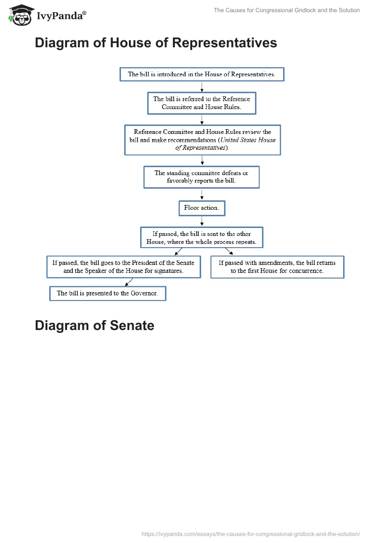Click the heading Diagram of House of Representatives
[156, 43]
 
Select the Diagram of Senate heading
[94, 325]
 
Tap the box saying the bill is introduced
[202, 74]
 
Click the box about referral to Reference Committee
[202, 103]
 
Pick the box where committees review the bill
[202, 139]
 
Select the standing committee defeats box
[201, 177]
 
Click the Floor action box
[202, 208]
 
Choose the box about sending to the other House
[202, 238]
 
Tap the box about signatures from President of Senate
[123, 267]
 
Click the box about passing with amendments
[277, 267]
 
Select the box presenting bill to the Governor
[107, 294]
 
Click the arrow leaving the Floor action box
[202, 221]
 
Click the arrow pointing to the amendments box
[229, 251]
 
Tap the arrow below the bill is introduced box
[202, 86]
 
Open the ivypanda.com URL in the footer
[250, 534]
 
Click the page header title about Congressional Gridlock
[286, 10]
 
